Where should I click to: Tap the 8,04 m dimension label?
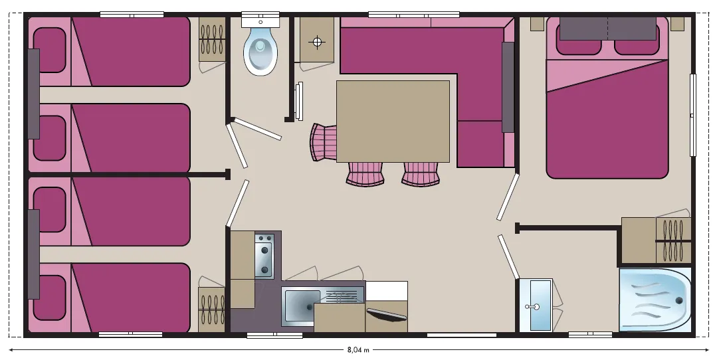pyautogui.click(x=358, y=350)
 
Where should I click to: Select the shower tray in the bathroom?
pyautogui.click(x=655, y=300)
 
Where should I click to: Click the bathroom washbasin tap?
pyautogui.click(x=532, y=306)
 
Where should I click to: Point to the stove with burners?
pyautogui.click(x=264, y=256)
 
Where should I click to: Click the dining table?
pyautogui.click(x=393, y=122)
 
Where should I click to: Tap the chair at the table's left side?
pyautogui.click(x=323, y=143)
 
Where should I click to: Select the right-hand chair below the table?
pyautogui.click(x=421, y=174)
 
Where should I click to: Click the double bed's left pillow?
pyautogui.click(x=579, y=40)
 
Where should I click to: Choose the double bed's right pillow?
pyautogui.click(x=637, y=40)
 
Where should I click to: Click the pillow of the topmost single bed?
pyautogui.click(x=50, y=50)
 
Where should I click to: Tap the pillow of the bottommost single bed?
pyautogui.click(x=50, y=298)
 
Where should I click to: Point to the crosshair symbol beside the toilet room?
pyautogui.click(x=317, y=43)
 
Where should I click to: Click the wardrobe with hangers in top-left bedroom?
pyautogui.click(x=212, y=39)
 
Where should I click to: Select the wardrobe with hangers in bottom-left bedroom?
pyautogui.click(x=211, y=309)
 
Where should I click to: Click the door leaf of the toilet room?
pyautogui.click(x=258, y=130)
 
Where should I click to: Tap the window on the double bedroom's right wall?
pyautogui.click(x=693, y=115)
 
